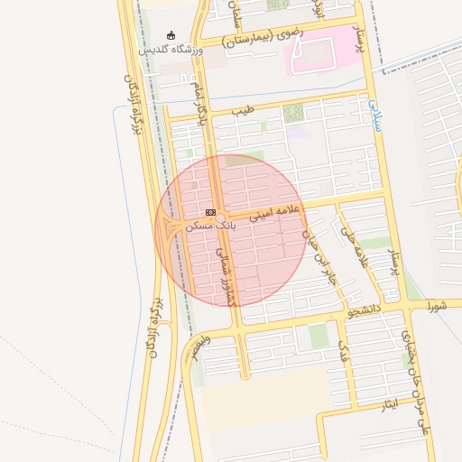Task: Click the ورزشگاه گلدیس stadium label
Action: coord(171,50)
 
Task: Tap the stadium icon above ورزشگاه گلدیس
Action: coord(171,35)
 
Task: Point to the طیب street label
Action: coord(243,110)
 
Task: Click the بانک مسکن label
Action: coord(210,225)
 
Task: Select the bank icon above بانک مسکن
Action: coord(210,212)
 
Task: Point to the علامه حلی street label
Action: coord(354,246)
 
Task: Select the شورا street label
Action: coord(438,307)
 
